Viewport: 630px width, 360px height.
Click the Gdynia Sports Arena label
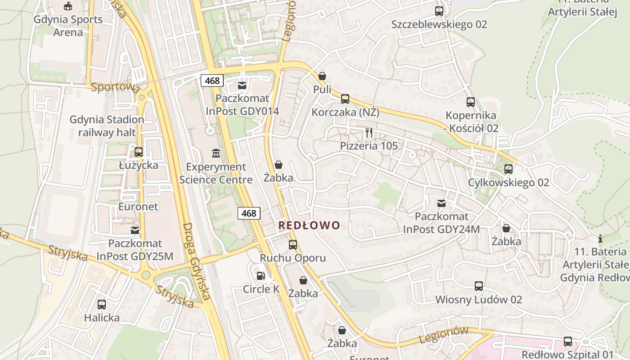tap(68, 26)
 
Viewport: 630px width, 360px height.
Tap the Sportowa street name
tap(115, 87)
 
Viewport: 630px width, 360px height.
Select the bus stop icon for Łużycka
tap(139, 152)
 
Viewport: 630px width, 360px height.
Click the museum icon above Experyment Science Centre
tap(216, 153)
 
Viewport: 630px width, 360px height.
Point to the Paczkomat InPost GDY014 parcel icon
tap(242, 85)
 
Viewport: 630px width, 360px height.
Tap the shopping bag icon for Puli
tap(322, 76)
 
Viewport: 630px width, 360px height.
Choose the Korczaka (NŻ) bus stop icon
tap(345, 99)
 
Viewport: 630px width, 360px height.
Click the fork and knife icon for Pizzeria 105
tap(369, 132)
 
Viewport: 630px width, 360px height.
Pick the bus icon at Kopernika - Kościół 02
tap(471, 102)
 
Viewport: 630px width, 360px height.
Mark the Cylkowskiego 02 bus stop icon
tap(508, 169)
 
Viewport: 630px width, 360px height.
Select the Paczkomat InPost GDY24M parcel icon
tap(441, 203)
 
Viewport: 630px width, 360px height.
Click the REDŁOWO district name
tap(309, 225)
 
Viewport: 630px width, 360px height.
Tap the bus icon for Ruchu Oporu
tap(293, 245)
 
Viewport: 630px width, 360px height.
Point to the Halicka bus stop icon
tap(102, 305)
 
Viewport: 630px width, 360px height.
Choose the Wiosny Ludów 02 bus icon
tap(479, 286)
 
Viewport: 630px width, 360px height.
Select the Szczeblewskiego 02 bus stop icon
tap(439, 11)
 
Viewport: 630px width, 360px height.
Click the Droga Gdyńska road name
tap(197, 261)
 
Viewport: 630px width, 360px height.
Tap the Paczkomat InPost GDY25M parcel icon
tap(135, 230)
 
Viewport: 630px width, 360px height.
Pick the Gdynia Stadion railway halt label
tap(107, 126)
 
